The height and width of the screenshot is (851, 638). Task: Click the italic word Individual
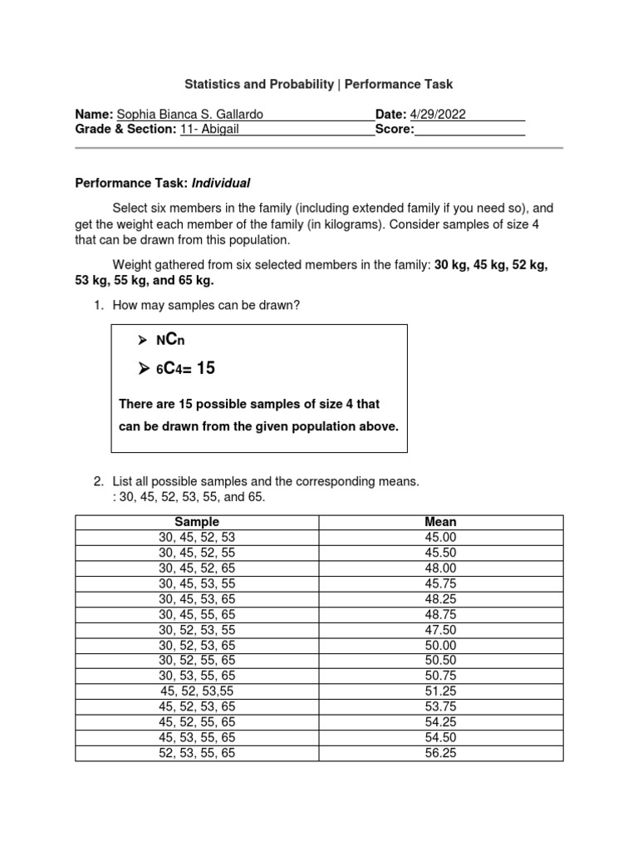coord(221,183)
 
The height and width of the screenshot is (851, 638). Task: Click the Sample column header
coord(197,522)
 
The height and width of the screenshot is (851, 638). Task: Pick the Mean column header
coord(440,522)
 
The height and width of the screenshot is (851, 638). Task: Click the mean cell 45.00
coord(440,538)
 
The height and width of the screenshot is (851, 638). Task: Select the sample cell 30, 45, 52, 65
coord(197,568)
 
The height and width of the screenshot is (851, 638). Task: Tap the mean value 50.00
coord(440,645)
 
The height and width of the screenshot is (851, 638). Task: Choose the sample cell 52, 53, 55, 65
coord(197,753)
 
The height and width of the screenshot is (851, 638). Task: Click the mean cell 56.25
coord(440,753)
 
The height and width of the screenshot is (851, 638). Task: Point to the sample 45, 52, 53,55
coord(197,691)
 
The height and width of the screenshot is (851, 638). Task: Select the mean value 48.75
coord(440,614)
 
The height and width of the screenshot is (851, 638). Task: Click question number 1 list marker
coord(97,306)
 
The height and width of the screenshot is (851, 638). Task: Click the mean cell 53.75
coord(440,706)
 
